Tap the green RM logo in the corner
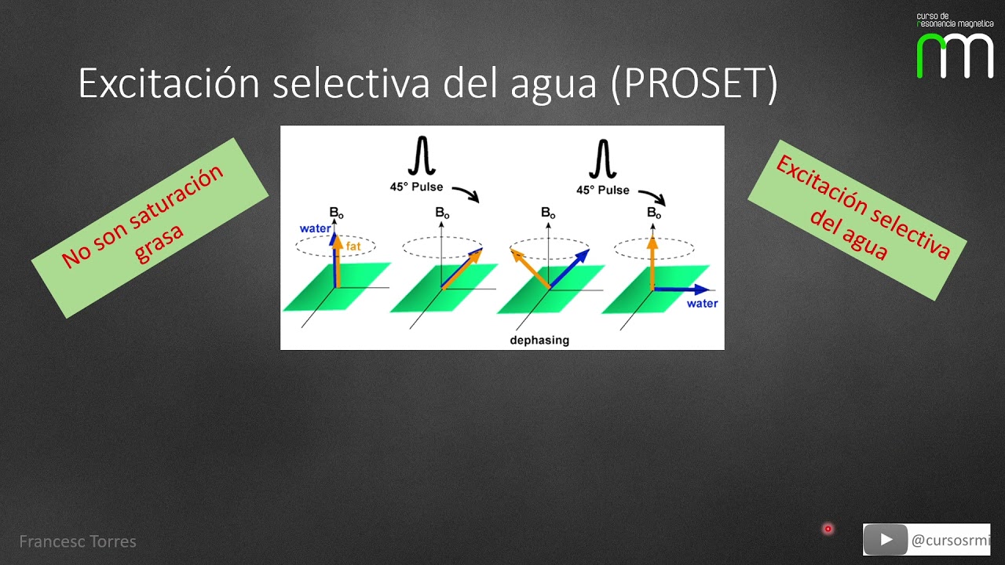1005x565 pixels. (955, 55)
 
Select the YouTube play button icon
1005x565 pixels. (886, 540)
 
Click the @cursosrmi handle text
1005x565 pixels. (951, 540)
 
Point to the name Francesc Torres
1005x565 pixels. (78, 541)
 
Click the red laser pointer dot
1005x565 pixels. (828, 529)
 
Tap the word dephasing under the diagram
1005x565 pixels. (539, 340)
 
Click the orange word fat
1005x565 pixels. (353, 246)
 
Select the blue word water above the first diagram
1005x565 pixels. (315, 228)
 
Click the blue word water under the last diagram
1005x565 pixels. (702, 303)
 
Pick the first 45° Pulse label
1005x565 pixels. (416, 187)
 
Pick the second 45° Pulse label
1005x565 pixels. (603, 190)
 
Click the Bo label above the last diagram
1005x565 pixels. (653, 213)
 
